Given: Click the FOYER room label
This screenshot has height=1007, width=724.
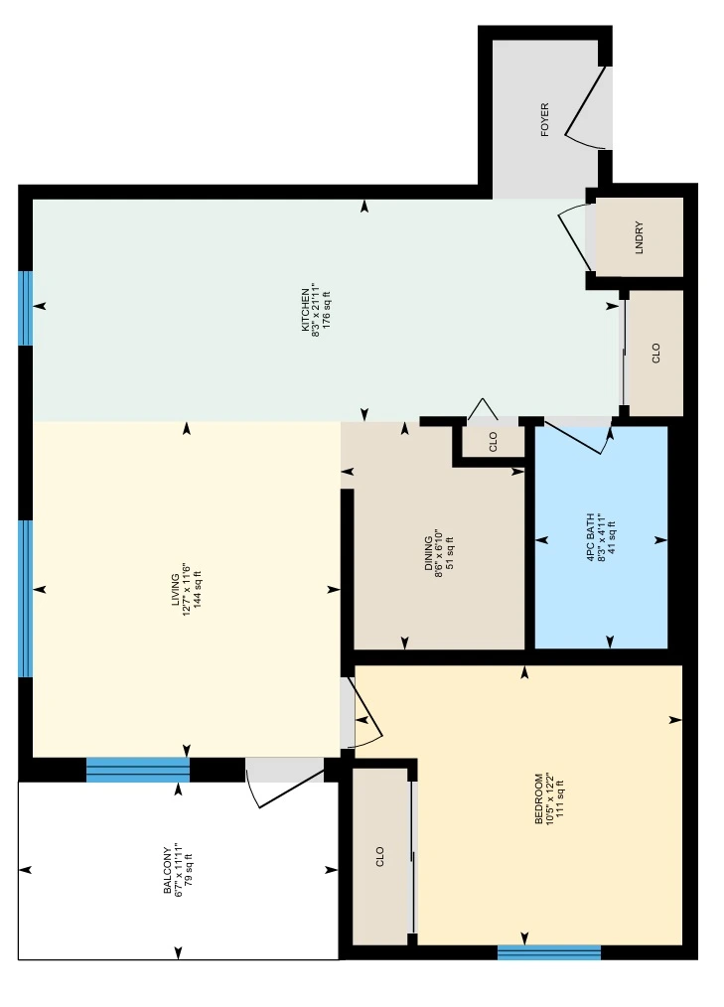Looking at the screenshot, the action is click(x=545, y=120).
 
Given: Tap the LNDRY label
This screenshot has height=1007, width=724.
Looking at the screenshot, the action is click(x=639, y=237).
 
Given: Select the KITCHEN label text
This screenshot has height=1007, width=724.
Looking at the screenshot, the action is click(x=305, y=310).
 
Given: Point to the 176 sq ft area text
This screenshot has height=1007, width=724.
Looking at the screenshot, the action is click(x=327, y=310).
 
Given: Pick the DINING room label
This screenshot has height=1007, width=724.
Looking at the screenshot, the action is click(x=428, y=553).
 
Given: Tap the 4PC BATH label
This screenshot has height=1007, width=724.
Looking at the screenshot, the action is click(x=590, y=538).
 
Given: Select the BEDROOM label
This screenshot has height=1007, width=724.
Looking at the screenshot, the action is click(x=538, y=798).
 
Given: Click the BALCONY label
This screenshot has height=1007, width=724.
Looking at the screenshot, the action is click(x=168, y=870).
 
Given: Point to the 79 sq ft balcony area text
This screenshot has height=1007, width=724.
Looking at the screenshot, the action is click(x=189, y=870).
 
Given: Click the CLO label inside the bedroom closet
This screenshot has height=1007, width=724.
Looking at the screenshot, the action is click(x=379, y=857).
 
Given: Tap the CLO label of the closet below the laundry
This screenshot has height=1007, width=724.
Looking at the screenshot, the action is click(x=655, y=353).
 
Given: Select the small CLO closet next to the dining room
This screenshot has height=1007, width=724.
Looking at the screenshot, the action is click(x=494, y=442).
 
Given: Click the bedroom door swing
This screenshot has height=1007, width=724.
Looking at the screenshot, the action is click(x=364, y=713).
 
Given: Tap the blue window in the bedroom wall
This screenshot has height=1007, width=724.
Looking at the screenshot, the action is click(x=549, y=952).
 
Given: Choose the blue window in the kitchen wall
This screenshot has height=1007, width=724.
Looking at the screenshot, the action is click(x=25, y=308).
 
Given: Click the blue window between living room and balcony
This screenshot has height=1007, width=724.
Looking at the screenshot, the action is click(x=138, y=770).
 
